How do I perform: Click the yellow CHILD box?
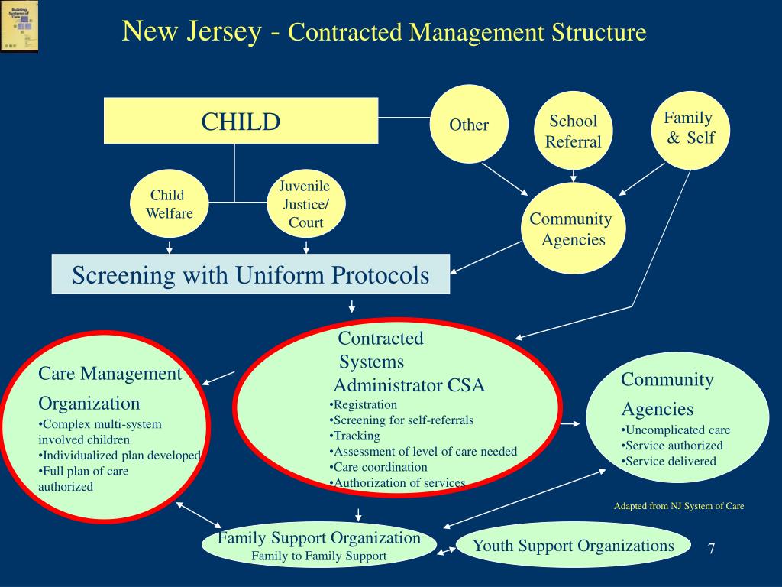point(241,121)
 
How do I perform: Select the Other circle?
point(469,125)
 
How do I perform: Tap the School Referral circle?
point(573,131)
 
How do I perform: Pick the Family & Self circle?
point(689,128)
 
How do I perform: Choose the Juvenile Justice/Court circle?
point(305,204)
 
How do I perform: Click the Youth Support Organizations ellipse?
point(573,546)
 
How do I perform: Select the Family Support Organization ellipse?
point(319,546)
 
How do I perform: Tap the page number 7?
point(711,549)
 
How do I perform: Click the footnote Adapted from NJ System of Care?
point(679,506)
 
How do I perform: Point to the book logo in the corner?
point(19,26)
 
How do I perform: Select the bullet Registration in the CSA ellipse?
point(364,404)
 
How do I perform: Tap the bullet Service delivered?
point(669,461)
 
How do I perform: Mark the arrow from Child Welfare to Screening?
point(170,247)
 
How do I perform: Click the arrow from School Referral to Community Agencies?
point(573,176)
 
